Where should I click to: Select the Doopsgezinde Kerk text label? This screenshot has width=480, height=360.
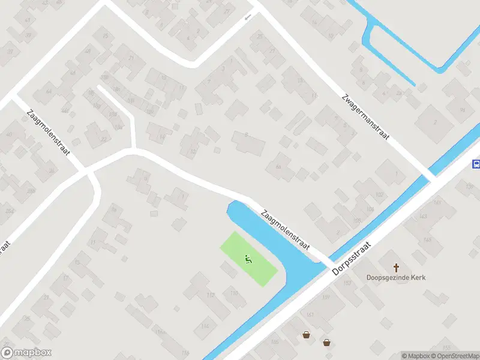click(395, 277)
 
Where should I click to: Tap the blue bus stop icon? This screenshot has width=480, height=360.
click(476, 164)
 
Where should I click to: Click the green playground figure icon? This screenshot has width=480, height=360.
click(248, 259)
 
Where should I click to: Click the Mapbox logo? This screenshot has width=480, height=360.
click(26, 352)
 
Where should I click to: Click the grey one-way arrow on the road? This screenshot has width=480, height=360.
click(248, 17)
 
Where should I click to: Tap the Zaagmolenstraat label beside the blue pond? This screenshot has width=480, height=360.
click(284, 230)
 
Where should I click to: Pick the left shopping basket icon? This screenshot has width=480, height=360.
click(307, 335)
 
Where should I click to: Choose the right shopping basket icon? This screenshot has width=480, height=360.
click(326, 343)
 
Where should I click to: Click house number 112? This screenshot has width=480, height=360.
click(210, 295)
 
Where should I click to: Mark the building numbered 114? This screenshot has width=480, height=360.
click(205, 326)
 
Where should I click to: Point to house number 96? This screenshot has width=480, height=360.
click(462, 110)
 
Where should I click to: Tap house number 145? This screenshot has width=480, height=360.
click(427, 239)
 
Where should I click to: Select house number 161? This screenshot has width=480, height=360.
click(310, 314)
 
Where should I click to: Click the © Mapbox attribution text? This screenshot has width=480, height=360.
click(415, 356)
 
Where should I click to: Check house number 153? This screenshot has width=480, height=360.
click(347, 283)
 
